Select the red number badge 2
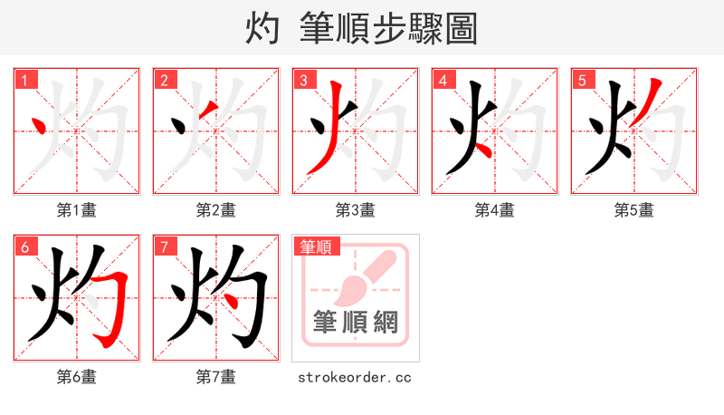(x=165, y=80)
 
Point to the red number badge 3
(x=304, y=80)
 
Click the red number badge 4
(x=443, y=80)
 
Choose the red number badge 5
(x=583, y=80)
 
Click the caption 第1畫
(x=77, y=210)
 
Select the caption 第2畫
(x=216, y=210)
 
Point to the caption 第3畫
(x=356, y=210)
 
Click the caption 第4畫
(x=495, y=210)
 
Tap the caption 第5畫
(x=634, y=210)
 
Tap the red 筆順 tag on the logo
(x=315, y=246)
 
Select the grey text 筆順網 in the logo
(x=356, y=322)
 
